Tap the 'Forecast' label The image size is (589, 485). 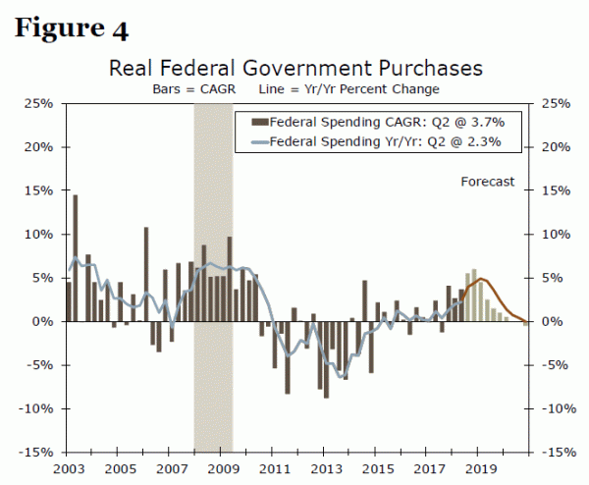click(488, 182)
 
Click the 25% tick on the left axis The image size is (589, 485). click(38, 104)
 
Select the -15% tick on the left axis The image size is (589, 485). click(36, 453)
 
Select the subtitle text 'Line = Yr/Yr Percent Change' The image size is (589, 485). click(348, 88)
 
